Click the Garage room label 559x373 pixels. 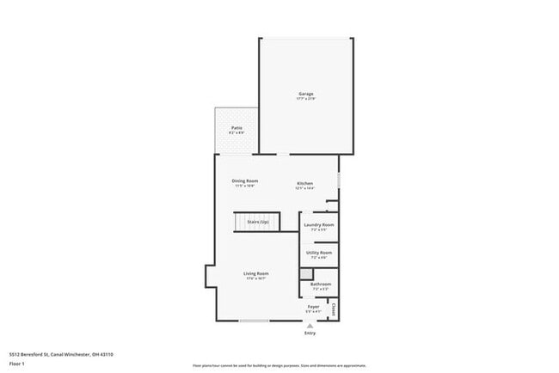[305, 94]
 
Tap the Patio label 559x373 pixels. [236, 128]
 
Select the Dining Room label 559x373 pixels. [244, 180]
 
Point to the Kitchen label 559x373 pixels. [305, 183]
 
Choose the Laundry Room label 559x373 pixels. [318, 225]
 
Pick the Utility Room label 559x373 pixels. [318, 253]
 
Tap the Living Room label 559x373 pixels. [256, 274]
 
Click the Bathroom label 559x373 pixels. [321, 284]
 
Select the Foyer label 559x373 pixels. [314, 306]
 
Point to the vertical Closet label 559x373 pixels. [333, 307]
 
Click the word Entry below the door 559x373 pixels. [310, 333]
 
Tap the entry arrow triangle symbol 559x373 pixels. [310, 326]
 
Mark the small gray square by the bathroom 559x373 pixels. [304, 273]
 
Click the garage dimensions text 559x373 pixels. [305, 99]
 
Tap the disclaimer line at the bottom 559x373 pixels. [279, 364]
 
